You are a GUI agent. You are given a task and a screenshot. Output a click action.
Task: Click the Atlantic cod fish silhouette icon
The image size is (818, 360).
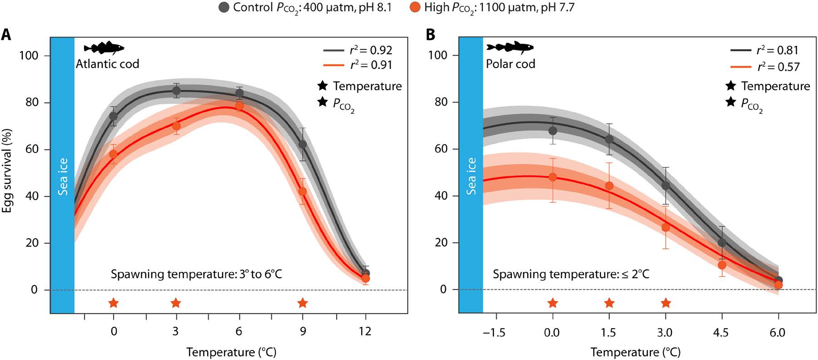tap(104, 48)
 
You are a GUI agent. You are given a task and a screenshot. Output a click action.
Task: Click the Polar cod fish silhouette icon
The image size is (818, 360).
tap(510, 47)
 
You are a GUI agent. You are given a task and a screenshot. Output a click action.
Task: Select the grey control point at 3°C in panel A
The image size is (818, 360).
tap(176, 91)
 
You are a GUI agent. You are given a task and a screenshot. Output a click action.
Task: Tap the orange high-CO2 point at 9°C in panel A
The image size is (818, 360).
tap(302, 192)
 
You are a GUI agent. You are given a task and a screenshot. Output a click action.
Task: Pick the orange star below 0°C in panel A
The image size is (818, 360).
tap(114, 303)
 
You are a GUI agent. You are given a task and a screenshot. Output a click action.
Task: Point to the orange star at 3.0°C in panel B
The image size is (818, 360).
tap(665, 303)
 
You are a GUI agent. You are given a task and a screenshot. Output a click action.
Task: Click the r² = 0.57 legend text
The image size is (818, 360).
tap(778, 67)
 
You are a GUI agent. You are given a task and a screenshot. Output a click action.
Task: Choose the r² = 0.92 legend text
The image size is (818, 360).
tap(371, 50)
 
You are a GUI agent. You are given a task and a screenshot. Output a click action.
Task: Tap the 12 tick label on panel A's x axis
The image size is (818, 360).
tap(365, 331)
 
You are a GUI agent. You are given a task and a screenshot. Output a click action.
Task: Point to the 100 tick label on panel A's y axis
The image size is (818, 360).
tap(29, 55)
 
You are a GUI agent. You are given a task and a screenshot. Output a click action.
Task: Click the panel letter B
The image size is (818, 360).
tap(430, 35)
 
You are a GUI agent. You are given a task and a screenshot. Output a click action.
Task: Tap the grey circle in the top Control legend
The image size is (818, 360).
tap(223, 7)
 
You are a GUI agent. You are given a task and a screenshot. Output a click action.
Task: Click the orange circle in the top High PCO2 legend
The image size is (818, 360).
tap(415, 7)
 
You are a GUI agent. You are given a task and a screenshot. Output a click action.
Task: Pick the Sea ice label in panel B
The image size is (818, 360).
tap(471, 176)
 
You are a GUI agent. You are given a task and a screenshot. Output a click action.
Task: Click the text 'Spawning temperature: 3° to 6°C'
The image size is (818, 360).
tap(196, 274)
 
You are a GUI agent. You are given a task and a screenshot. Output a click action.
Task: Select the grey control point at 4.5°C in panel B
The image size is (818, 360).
tap(722, 243)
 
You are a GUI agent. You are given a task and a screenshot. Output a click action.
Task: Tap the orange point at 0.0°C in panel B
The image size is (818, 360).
tap(552, 177)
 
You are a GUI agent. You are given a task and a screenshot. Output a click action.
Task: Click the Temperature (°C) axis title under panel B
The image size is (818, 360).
tap(635, 352)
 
